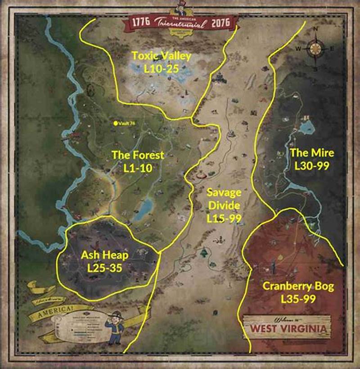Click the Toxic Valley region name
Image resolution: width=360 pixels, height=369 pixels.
pyautogui.click(x=161, y=56)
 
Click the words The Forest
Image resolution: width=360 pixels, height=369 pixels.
pyautogui.click(x=138, y=156)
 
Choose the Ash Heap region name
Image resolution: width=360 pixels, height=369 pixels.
pyautogui.click(x=104, y=255)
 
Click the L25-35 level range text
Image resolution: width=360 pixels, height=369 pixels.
pyautogui.click(x=104, y=268)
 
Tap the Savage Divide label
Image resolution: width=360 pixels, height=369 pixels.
pyautogui.click(x=224, y=200)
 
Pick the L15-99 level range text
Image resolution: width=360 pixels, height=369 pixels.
pyautogui.click(x=224, y=218)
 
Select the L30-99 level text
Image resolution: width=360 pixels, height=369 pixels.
pyautogui.click(x=312, y=165)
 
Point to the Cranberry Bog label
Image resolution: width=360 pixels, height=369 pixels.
pyautogui.click(x=298, y=286)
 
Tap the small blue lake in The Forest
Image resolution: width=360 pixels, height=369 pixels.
pyautogui.click(x=145, y=208)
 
